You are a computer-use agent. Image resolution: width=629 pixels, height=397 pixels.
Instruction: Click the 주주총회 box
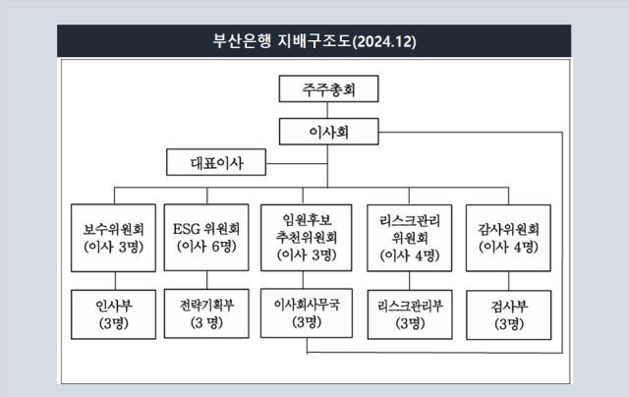click(328, 88)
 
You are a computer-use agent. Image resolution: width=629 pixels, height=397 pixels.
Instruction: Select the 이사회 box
click(328, 132)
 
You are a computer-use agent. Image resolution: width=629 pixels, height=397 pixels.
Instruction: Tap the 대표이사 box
click(216, 162)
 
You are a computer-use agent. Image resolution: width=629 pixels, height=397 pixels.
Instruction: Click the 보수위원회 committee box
click(114, 238)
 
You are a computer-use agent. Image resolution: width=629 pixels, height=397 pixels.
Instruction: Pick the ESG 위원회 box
click(206, 238)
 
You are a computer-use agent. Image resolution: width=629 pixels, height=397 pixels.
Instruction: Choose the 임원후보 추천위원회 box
click(307, 238)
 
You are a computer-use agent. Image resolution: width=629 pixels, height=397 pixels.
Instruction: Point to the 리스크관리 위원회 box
click(410, 238)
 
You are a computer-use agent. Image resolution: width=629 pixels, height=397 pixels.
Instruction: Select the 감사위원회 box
click(508, 238)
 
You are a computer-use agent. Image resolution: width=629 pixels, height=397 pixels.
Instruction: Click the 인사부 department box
click(114, 314)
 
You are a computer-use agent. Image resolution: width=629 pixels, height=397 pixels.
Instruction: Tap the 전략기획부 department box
click(206, 313)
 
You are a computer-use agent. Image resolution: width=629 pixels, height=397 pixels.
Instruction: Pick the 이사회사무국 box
click(307, 312)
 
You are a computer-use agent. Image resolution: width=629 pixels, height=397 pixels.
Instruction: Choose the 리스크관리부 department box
click(410, 314)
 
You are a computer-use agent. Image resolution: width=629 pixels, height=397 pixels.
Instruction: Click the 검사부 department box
click(509, 314)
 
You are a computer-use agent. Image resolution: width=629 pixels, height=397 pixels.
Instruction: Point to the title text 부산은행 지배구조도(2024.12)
click(314, 41)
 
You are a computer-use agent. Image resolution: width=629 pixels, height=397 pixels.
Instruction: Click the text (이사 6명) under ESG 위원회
click(206, 247)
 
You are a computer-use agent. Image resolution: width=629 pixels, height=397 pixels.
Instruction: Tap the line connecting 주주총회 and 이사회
click(327, 110)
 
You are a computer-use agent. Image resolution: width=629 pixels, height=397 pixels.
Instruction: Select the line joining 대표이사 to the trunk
click(297, 163)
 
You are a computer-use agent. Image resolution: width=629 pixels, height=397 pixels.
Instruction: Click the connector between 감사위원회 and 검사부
click(509, 281)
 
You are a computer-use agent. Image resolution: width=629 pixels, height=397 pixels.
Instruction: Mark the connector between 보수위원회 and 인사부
click(115, 281)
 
